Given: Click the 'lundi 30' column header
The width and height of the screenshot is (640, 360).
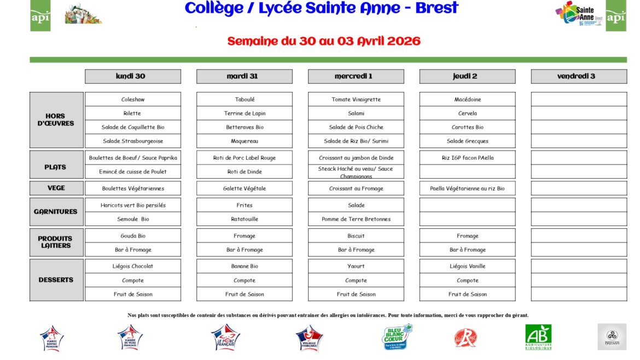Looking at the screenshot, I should click(x=132, y=77).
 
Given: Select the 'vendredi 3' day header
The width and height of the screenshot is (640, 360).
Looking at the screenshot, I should click(x=578, y=77).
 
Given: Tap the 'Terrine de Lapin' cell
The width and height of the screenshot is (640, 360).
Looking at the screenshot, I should click(x=244, y=113).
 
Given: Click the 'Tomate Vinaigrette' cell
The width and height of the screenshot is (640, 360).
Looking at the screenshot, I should click(x=356, y=100).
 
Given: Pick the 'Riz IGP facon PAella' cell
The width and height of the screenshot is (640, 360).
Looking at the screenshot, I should click(x=467, y=158).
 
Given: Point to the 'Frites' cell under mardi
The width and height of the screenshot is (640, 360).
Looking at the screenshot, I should click(x=244, y=205).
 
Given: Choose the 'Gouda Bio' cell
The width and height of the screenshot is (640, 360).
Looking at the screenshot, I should click(x=132, y=236).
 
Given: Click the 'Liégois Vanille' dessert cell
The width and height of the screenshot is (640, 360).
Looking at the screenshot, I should click(x=467, y=266).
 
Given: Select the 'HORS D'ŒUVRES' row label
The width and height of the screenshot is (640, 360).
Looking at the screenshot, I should click(x=56, y=120).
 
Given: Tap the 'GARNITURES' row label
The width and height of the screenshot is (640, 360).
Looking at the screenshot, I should click(x=56, y=212).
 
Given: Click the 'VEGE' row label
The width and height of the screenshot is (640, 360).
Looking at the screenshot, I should click(x=56, y=188).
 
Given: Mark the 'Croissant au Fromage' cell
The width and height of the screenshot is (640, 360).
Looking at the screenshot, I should click(x=356, y=188).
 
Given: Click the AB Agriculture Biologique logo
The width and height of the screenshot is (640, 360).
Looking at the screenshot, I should click(x=538, y=337).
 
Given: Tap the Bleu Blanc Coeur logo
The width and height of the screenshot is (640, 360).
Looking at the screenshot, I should click(x=397, y=336).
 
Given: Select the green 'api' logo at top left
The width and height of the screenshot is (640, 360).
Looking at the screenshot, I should click(x=40, y=16).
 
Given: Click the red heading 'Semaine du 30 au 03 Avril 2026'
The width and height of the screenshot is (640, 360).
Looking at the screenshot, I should click(x=324, y=42).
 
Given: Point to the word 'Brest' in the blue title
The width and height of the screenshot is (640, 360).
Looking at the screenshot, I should click(x=437, y=9).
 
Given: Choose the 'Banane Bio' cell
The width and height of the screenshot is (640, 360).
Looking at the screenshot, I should click(x=244, y=266).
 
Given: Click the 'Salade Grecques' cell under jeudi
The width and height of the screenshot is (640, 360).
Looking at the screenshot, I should click(x=467, y=141).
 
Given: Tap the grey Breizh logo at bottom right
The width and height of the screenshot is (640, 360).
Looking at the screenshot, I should click(x=612, y=337).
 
